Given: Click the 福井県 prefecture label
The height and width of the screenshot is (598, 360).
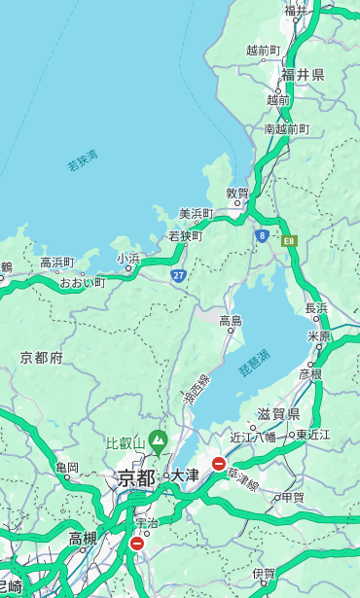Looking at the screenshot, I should [303, 75].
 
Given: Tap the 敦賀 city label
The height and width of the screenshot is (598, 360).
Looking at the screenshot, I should [237, 193].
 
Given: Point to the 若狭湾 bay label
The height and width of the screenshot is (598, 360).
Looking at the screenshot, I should [82, 160].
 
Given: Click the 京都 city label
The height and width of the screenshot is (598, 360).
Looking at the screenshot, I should [136, 477].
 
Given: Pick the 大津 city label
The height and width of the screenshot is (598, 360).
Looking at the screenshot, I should [184, 476].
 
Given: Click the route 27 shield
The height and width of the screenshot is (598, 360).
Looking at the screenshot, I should [179, 275].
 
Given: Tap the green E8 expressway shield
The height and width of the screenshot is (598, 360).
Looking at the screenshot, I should [289, 240].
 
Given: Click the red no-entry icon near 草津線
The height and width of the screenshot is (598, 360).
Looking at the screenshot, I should [219, 465].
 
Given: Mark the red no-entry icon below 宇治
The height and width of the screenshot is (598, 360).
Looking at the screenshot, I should [136, 544].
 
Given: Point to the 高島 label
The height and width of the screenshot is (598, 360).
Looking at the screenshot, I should [231, 321].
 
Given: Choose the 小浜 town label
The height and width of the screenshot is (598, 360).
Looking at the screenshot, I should [128, 258].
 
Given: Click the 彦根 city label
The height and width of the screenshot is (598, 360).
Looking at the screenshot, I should [309, 373].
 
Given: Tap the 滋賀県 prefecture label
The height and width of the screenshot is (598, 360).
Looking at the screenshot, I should [277, 414].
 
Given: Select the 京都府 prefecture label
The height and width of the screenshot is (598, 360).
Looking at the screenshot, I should [42, 358].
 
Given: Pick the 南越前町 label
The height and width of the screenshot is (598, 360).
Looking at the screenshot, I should [286, 128].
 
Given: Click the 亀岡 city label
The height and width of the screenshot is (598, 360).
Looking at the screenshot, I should [66, 468].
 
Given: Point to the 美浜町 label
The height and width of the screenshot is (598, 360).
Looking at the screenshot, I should [196, 214].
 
